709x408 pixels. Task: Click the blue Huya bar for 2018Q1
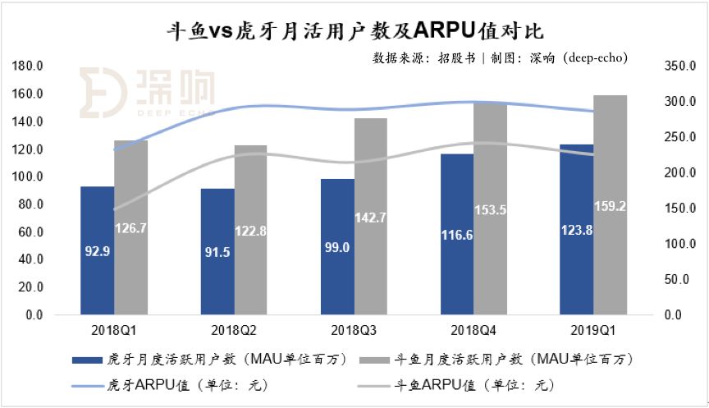[97, 250]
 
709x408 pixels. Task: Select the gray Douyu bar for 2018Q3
[371, 216]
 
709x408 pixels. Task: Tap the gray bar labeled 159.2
[610, 205]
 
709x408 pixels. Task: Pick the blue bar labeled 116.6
[457, 234]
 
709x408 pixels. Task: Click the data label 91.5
[217, 252]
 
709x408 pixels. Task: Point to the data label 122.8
[250, 232]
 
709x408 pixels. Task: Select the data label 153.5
[490, 210]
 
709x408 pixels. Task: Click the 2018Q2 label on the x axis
[234, 331]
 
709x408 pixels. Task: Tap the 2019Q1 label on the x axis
[593, 331]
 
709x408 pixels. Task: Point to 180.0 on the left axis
[28, 66]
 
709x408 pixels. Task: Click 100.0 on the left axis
[28, 176]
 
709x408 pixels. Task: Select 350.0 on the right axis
[680, 66]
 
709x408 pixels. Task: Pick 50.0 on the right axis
[676, 280]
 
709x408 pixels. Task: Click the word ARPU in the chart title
[445, 30]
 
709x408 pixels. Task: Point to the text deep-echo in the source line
[595, 58]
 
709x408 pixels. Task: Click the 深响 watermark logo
[147, 93]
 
